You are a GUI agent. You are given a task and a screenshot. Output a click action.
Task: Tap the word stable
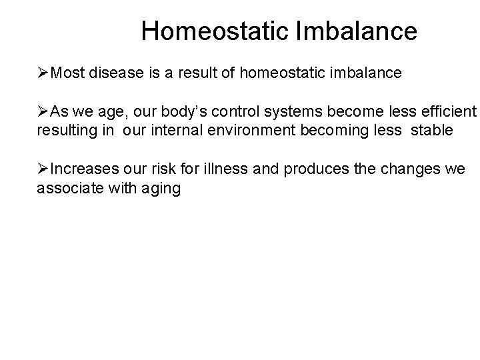[433, 130]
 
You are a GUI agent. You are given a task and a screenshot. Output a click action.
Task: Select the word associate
[66, 188]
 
